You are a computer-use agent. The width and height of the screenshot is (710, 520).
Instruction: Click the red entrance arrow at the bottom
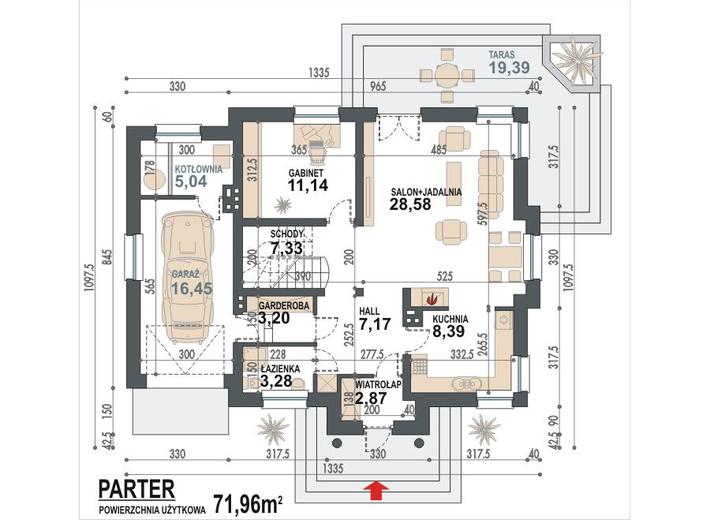pos(377,489)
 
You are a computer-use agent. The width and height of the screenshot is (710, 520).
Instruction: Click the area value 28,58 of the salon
pos(410,204)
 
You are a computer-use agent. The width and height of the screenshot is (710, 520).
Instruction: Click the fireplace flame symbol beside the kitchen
pos(431,297)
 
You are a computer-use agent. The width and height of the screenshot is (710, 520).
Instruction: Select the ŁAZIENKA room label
pos(267,366)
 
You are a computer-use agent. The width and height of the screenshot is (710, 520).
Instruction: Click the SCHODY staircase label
pos(272,236)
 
